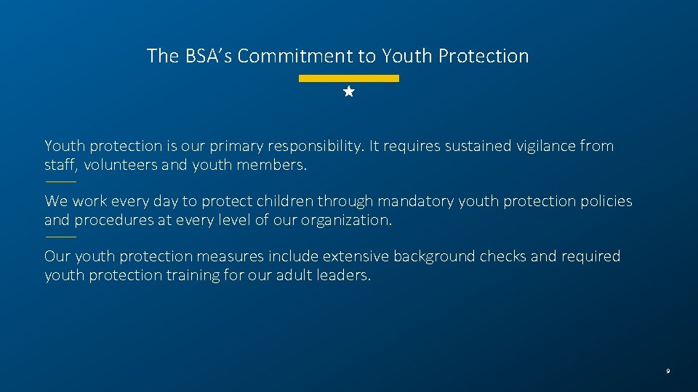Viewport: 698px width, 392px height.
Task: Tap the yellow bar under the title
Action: coord(349,78)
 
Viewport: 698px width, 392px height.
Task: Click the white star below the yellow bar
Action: coord(349,92)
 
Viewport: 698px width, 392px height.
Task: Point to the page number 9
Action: coord(667,372)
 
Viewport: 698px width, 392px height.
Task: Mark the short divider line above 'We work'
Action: coord(60,181)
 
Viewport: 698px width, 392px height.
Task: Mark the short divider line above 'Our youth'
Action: coord(60,237)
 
